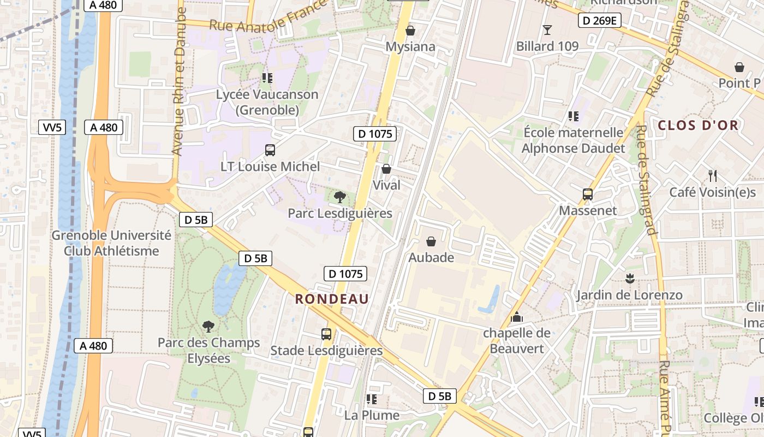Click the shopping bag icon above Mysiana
click(x=410, y=31)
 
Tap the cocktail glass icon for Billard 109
click(x=547, y=29)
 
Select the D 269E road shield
click(x=599, y=21)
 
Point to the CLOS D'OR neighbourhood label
click(x=698, y=125)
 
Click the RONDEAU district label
click(x=332, y=299)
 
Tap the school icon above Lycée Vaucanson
click(x=267, y=78)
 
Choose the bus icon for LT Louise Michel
click(x=270, y=150)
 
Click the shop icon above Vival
click(x=386, y=169)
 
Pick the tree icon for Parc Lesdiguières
click(x=339, y=197)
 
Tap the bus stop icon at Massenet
click(x=588, y=194)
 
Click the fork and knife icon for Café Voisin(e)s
click(x=712, y=175)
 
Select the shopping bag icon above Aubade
click(x=431, y=241)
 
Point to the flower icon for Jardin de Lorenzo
click(x=630, y=279)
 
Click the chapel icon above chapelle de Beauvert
click(x=517, y=316)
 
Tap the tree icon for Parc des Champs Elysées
click(x=208, y=326)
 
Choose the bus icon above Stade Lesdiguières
click(x=326, y=334)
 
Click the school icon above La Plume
click(x=372, y=399)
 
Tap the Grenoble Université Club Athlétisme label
click(x=111, y=243)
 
